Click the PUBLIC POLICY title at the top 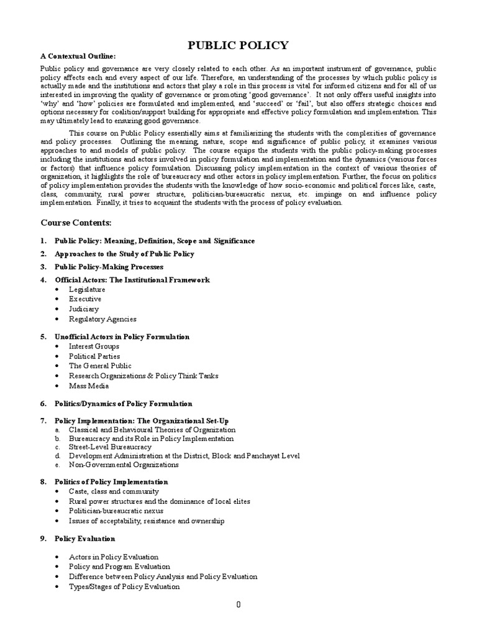point(238,45)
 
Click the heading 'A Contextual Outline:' point(78,57)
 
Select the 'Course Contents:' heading point(76,222)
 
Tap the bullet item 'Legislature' point(87,289)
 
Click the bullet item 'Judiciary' point(84,309)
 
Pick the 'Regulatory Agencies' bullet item point(102,319)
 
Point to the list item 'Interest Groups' point(94,346)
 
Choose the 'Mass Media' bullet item point(89,386)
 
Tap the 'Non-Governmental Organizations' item point(124,464)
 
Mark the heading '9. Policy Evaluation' point(84,538)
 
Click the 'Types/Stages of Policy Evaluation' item point(124,587)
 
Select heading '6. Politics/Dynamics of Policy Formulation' point(123,404)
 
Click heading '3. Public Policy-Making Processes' point(109,267)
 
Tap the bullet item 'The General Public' point(100,366)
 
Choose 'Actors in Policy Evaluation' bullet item point(113,557)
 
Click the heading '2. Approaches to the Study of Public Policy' point(124,254)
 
